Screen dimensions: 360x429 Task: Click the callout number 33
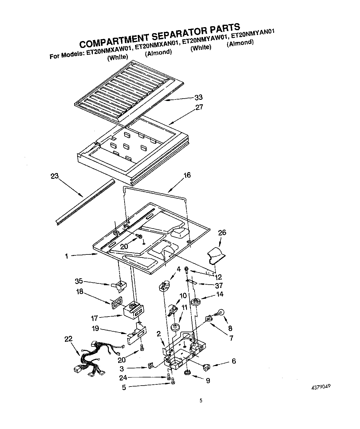tap(198, 97)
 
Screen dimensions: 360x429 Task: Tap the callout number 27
tap(199, 107)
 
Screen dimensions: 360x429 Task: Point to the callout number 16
tap(187, 175)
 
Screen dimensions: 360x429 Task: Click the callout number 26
tap(222, 233)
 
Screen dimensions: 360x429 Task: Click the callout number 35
tap(79, 282)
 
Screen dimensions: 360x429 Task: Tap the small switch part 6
tap(207, 367)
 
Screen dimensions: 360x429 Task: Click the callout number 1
tap(66, 256)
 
